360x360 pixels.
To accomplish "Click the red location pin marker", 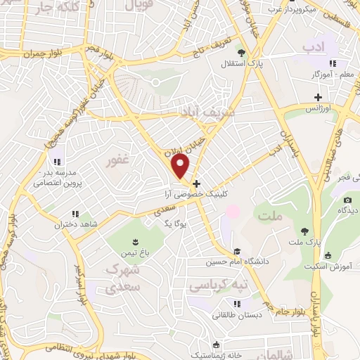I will pos(181,166).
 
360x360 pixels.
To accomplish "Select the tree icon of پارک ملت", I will pos(304,231).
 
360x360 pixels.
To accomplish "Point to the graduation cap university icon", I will pos(237,251).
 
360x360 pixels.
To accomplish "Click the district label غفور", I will pos(117,160).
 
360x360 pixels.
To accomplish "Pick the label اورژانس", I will pos(318,109).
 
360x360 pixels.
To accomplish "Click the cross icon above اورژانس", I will pos(318,96).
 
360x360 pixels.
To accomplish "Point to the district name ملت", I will pos(273,215).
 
